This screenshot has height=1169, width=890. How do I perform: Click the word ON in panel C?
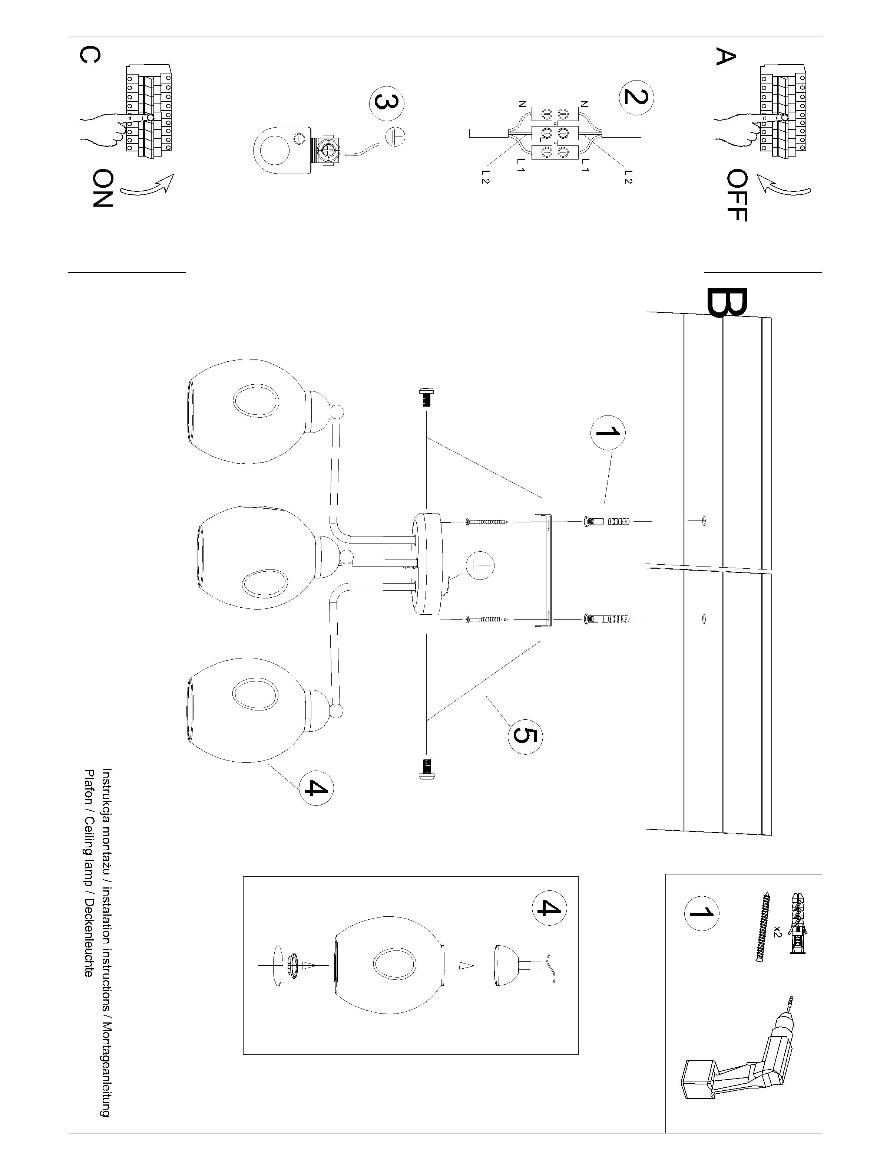(x=102, y=188)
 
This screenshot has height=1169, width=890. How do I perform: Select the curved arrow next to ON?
(x=148, y=185)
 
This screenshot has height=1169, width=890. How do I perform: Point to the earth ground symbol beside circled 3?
(x=395, y=137)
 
